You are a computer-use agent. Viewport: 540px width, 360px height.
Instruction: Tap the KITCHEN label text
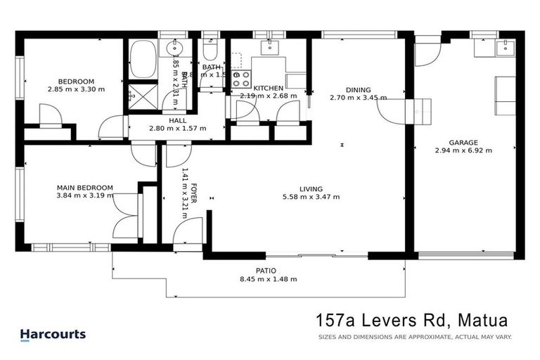tap(268, 88)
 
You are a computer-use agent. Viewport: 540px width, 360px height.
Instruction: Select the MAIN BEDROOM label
tap(85, 187)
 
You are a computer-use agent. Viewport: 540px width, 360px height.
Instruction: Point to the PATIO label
tap(265, 271)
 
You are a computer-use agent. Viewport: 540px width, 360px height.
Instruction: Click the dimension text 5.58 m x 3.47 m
tap(311, 198)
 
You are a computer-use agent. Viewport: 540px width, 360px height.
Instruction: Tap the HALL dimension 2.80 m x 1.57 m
tap(177, 129)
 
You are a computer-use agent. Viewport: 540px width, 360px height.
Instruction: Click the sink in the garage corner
tap(504, 47)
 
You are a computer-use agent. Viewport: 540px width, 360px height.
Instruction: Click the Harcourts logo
tap(53, 335)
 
